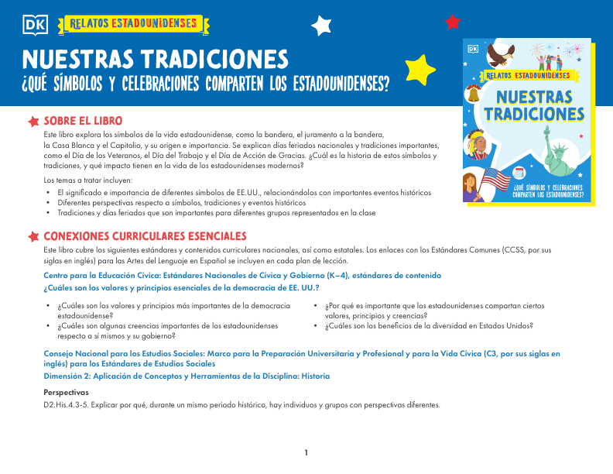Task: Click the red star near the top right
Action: tap(453, 21)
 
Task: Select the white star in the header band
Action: tap(320, 26)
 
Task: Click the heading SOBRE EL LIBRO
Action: tap(82, 122)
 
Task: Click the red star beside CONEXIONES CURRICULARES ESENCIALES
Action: tap(33, 236)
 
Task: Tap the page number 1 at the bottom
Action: tap(306, 452)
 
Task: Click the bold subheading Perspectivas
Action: tap(67, 393)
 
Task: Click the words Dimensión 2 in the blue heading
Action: tap(70, 376)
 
